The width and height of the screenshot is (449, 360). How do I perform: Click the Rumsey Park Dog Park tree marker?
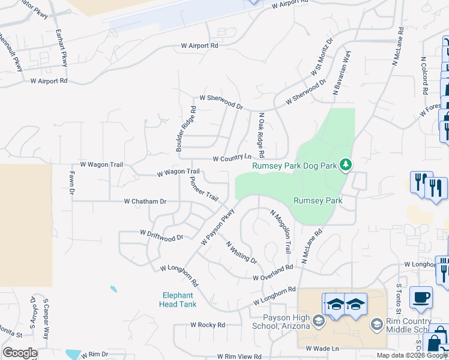(345, 164)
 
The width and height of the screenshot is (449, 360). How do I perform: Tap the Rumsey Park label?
(318, 201)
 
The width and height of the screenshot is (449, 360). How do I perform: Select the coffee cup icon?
(421, 297)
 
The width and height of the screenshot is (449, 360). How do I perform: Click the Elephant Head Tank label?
(178, 299)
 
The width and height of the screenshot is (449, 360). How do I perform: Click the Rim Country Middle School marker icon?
(376, 325)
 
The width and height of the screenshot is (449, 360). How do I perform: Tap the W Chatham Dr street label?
(145, 202)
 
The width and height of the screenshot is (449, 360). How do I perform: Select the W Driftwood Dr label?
(161, 235)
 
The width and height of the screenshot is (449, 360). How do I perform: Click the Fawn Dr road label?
(71, 183)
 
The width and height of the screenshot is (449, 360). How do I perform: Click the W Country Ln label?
(232, 158)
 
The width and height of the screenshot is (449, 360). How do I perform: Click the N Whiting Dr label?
(241, 253)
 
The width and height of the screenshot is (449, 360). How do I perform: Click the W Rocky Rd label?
(207, 325)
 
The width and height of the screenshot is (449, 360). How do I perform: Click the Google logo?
(20, 352)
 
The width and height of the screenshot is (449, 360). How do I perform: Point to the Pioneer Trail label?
(203, 188)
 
